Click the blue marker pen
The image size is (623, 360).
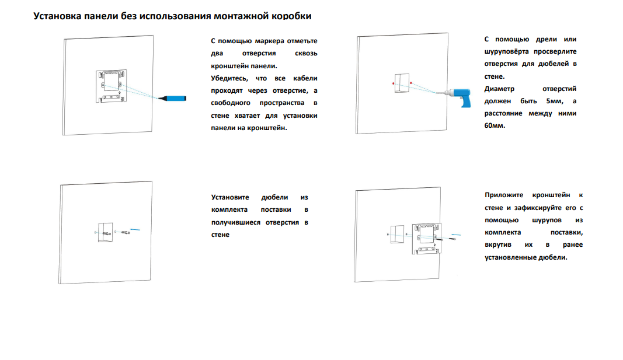click(x=172, y=98)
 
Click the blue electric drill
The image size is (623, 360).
click(x=460, y=96)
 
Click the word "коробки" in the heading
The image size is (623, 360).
click(x=291, y=16)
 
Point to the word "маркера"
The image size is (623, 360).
click(x=269, y=41)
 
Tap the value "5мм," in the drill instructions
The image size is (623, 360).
click(x=555, y=101)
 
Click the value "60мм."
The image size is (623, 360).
click(x=495, y=126)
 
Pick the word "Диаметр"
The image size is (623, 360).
click(x=499, y=89)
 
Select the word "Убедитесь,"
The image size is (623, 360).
click(x=229, y=79)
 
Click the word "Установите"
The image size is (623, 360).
click(x=230, y=197)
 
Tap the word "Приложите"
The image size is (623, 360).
click(x=504, y=195)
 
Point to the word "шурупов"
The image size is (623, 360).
click(x=547, y=221)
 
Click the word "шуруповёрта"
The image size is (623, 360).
click(x=507, y=51)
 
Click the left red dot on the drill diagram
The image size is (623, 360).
click(x=394, y=83)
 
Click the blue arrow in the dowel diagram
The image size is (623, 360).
click(x=135, y=229)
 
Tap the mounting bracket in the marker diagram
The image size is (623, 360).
click(x=112, y=86)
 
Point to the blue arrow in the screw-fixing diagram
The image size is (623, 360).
click(x=456, y=235)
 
